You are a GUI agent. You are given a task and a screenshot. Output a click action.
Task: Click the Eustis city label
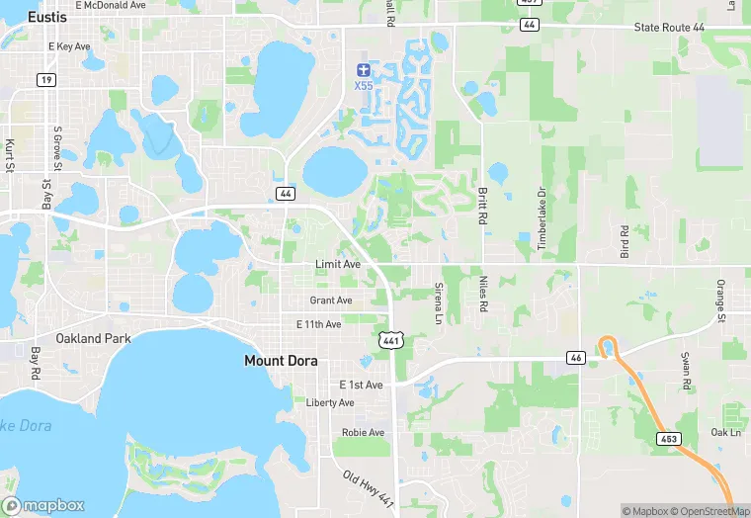click(47, 17)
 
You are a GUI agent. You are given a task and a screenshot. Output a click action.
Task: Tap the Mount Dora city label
click(281, 362)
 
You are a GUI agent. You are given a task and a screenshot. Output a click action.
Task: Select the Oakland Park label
click(93, 338)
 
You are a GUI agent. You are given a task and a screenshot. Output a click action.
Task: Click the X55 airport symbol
click(364, 70)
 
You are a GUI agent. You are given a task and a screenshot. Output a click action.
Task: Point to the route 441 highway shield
click(392, 340)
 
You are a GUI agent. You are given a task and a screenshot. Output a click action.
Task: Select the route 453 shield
click(670, 436)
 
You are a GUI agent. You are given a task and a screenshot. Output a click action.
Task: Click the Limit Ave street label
click(337, 265)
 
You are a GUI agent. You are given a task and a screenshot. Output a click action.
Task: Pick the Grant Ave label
click(331, 301)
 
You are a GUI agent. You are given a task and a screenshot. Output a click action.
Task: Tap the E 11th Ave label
click(318, 324)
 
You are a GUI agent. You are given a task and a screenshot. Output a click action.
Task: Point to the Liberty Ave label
click(330, 403)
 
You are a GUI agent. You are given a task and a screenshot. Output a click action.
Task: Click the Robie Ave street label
click(362, 432)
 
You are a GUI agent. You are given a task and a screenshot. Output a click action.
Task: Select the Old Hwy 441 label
click(367, 489)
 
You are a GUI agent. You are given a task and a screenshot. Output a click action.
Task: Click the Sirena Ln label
click(439, 302)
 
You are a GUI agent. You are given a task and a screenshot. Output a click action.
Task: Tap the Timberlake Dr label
click(542, 218)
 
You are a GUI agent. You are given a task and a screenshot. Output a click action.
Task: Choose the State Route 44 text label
click(678, 28)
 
